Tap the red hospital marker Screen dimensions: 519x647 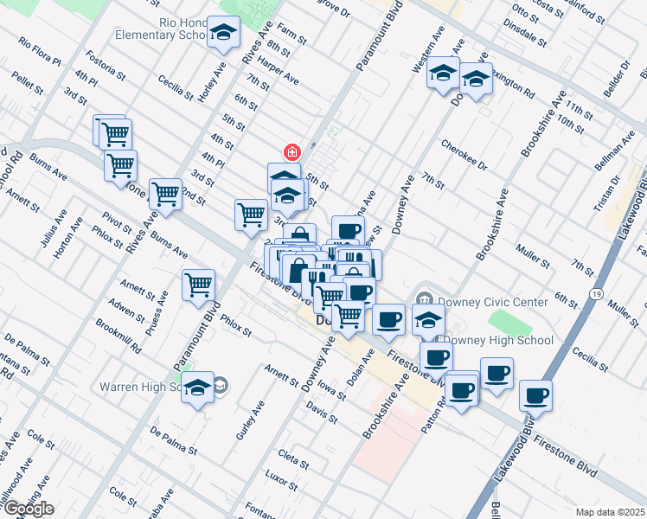pyautogui.click(x=292, y=153)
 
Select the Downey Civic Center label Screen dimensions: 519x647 pyautogui.click(x=492, y=302)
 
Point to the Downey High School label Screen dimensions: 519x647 pyautogui.click(x=499, y=340)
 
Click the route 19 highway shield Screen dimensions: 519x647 pyautogui.click(x=597, y=294)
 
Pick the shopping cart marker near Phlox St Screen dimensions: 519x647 pyautogui.click(x=198, y=284)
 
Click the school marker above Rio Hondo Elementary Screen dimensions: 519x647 pyautogui.click(x=224, y=35)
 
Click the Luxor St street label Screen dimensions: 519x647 pyautogui.click(x=281, y=477)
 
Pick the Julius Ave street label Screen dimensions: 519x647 pyautogui.click(x=48, y=232)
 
